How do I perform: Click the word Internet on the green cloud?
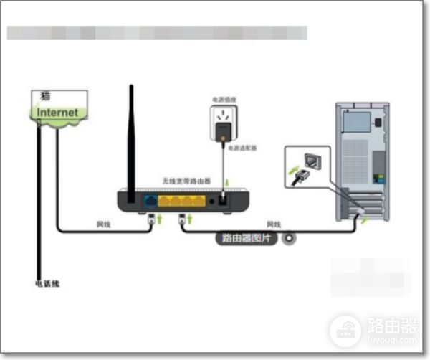[58, 113]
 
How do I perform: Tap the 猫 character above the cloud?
[44, 97]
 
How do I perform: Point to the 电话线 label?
[48, 283]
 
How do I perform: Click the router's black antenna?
[131, 136]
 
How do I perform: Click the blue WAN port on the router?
[151, 201]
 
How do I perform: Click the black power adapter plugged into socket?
[224, 131]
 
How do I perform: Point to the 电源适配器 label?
[243, 148]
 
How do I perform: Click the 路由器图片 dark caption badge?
[247, 239]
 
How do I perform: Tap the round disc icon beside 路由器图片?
[290, 239]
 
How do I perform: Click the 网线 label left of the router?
[104, 224]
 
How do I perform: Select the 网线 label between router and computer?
[274, 224]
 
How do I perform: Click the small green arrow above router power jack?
[226, 185]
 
